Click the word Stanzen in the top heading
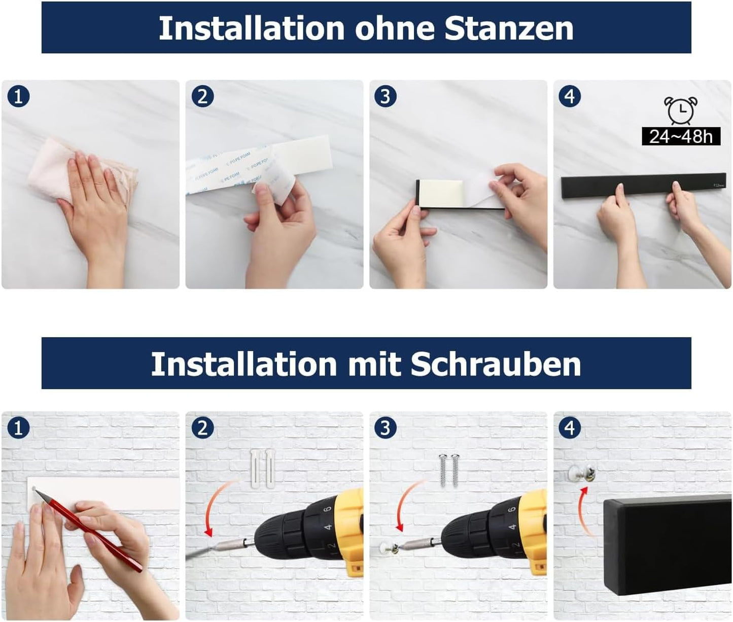(509, 28)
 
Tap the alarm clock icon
(680, 111)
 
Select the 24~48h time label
(681, 136)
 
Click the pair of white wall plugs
(263, 468)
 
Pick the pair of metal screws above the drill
(449, 469)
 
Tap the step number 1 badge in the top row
(19, 96)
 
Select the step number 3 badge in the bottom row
(386, 428)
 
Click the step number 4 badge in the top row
(570, 96)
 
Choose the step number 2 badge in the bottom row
(202, 428)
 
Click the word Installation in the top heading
(252, 28)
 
